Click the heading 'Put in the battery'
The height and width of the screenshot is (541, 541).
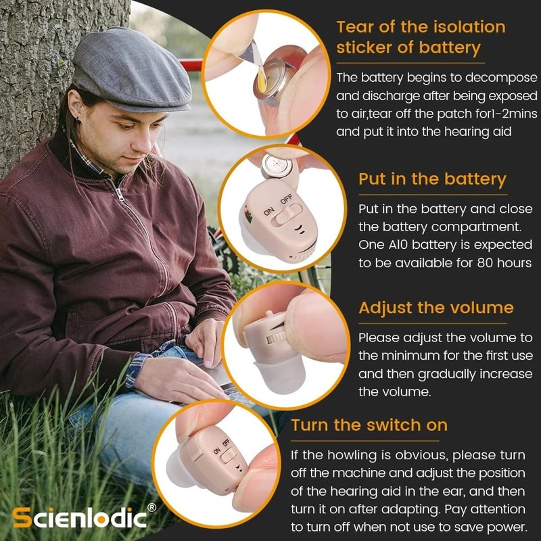(x=432, y=179)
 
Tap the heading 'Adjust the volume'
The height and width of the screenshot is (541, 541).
(x=436, y=308)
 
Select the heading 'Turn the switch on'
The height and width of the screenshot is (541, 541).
(x=369, y=425)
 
